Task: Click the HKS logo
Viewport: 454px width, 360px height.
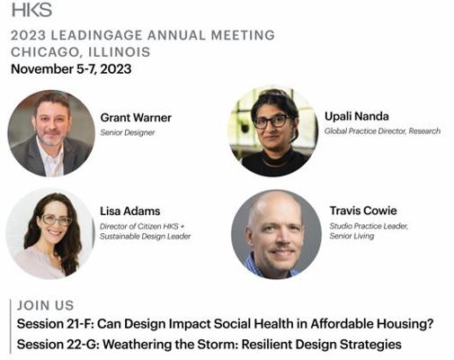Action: (31, 10)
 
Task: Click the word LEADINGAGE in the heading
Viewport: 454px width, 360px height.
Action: (97, 35)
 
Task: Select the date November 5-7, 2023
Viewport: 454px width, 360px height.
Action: (71, 69)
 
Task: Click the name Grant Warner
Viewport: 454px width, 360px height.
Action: (136, 118)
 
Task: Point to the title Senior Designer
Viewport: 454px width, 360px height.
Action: (128, 132)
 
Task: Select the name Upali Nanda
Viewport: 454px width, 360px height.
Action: (357, 116)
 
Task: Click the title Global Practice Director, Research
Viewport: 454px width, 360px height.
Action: (382, 131)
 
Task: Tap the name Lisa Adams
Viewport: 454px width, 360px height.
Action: (130, 211)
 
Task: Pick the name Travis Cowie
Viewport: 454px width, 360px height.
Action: (363, 211)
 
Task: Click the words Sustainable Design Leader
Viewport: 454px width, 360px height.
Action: (146, 237)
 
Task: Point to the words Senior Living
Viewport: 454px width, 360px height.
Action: (352, 236)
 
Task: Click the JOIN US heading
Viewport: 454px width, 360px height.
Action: (45, 305)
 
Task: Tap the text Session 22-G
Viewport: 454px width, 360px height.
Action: (56, 345)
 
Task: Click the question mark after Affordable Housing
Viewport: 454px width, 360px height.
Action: (430, 324)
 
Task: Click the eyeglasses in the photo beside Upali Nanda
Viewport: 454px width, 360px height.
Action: (272, 121)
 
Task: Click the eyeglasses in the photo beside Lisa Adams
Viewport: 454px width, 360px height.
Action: (57, 220)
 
